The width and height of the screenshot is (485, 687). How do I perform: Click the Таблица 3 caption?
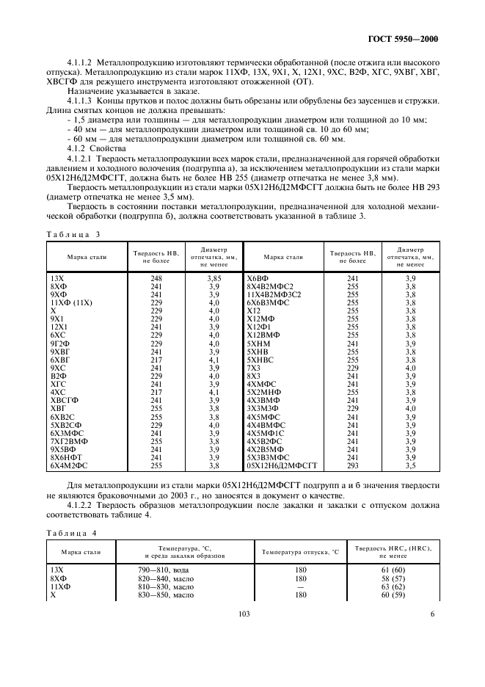71,233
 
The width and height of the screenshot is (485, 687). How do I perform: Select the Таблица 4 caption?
71,532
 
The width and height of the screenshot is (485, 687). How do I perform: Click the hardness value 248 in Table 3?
156,280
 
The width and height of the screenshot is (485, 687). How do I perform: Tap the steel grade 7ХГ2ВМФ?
68,441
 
